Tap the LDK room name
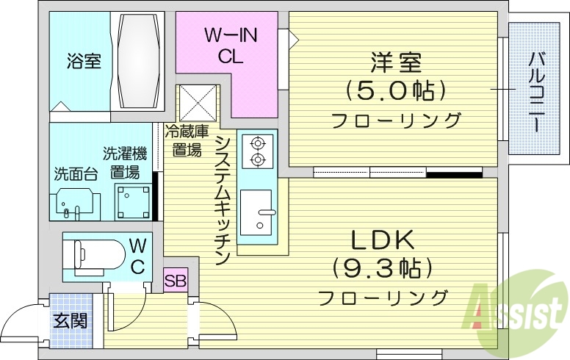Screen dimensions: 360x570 pos(383,240)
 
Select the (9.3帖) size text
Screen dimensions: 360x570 pos(383,268)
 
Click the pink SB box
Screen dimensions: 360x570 pos(176,280)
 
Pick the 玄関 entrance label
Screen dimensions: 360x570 pos(71,320)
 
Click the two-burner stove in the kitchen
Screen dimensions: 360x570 pos(257,150)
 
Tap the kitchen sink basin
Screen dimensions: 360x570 pos(256,212)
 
